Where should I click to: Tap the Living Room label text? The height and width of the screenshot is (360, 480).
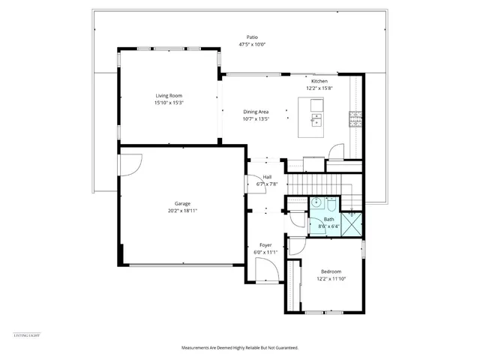point(169,96)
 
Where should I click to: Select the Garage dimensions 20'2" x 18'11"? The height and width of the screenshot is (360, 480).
point(182,210)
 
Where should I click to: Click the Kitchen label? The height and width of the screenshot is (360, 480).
point(319,81)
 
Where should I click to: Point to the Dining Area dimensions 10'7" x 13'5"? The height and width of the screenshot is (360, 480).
point(256,118)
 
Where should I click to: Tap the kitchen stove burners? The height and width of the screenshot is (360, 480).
point(355,117)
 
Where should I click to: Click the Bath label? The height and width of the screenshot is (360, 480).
point(328,219)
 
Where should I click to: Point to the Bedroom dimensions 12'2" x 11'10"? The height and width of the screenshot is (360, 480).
point(331,278)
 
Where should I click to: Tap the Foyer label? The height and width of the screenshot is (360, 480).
point(265,245)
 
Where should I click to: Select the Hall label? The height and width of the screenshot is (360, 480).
point(267,177)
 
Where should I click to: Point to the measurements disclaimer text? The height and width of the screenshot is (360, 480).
point(240,348)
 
